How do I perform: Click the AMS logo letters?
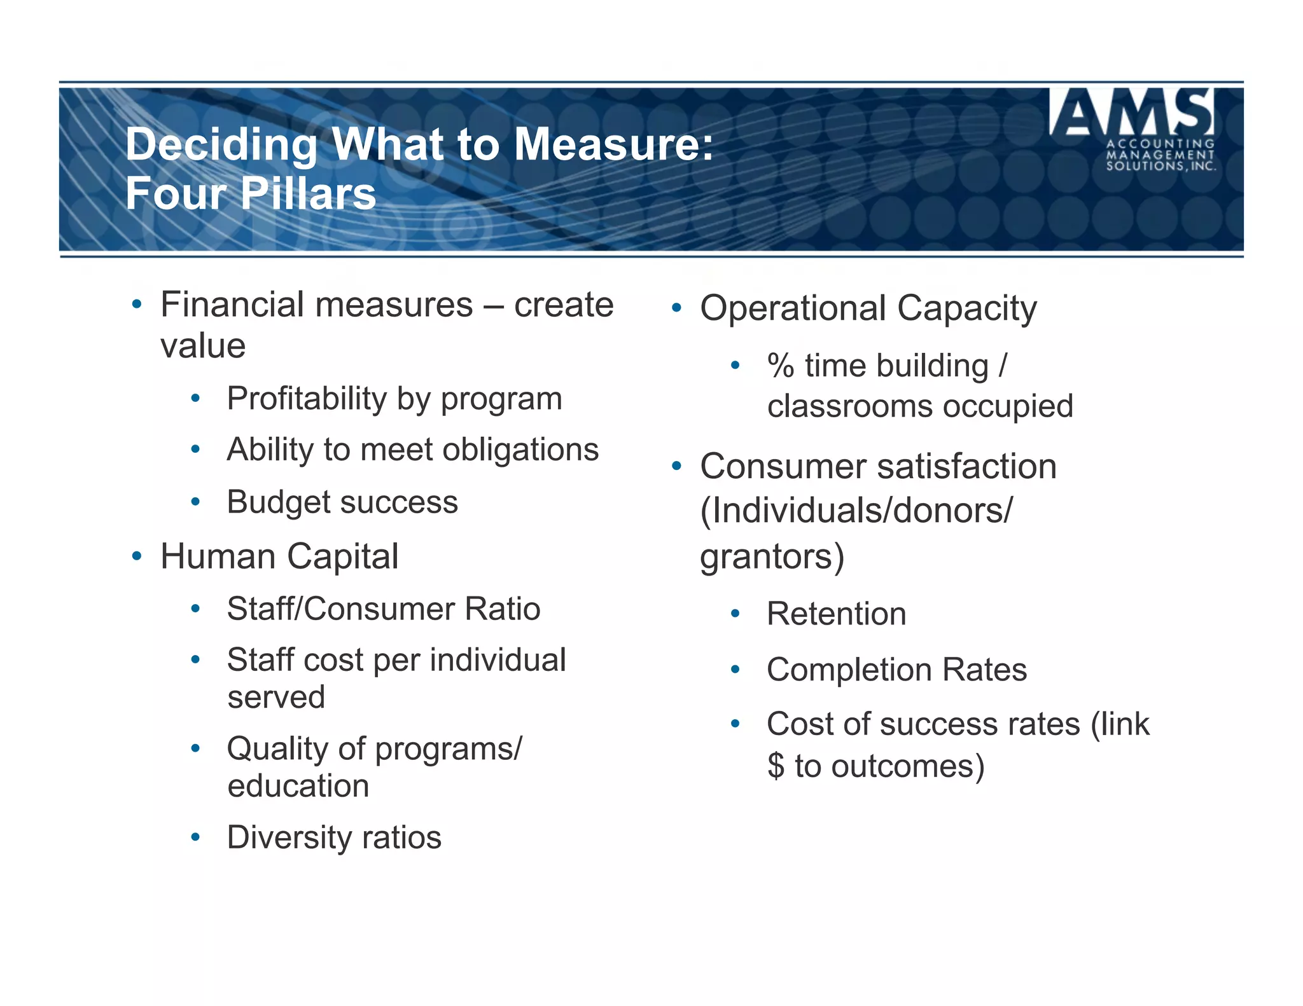[1131, 113]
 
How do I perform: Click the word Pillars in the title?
[308, 193]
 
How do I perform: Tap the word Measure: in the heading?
[613, 144]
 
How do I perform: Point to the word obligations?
[520, 450]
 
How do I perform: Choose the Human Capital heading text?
[279, 556]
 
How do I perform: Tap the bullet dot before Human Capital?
[136, 557]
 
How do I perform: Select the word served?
[276, 698]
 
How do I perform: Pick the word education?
[298, 786]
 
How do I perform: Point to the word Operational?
[793, 308]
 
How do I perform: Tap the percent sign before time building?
[781, 366]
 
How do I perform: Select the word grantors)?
[772, 556]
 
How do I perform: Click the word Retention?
[836, 614]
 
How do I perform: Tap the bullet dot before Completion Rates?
[735, 670]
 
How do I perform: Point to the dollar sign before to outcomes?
[776, 766]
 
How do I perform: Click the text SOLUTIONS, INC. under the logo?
[1160, 167]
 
